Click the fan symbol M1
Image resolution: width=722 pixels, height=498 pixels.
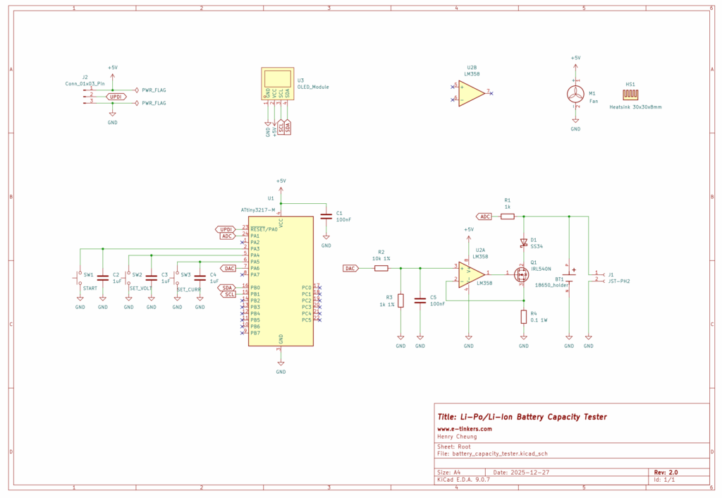(x=575, y=95)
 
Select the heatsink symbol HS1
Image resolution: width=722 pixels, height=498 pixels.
(x=631, y=95)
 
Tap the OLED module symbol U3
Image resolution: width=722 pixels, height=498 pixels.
(x=277, y=83)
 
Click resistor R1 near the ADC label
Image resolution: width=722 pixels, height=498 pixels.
(x=508, y=217)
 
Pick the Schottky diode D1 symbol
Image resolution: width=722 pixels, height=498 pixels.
(x=523, y=243)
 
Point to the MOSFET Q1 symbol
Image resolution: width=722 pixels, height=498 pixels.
(x=521, y=272)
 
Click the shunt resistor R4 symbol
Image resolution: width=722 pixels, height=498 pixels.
(x=523, y=317)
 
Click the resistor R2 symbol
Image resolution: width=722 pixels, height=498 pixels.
(x=381, y=268)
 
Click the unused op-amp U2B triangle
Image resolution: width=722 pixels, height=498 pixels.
(x=471, y=92)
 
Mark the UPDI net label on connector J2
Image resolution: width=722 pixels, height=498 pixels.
(x=116, y=96)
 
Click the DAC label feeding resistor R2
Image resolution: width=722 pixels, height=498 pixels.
(x=351, y=268)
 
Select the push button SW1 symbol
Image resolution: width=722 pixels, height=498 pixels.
(x=80, y=277)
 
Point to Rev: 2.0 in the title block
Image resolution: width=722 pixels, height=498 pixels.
(x=666, y=472)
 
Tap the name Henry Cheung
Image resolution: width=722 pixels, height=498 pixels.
(x=457, y=437)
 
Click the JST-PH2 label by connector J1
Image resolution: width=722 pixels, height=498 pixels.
(x=618, y=281)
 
